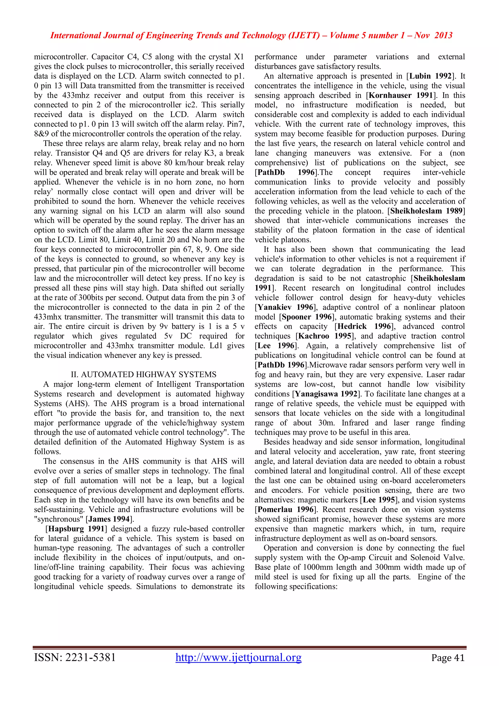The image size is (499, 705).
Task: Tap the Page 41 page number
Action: tap(448, 658)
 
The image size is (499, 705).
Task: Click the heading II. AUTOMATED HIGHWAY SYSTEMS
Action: tap(144, 374)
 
